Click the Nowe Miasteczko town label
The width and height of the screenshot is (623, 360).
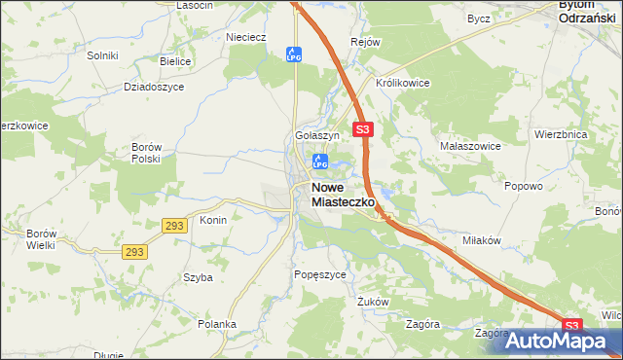[x=344, y=194]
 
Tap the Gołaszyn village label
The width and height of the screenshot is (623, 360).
[x=316, y=135]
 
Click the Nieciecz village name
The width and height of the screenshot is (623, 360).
[x=245, y=38]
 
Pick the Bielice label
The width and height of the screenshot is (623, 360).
[x=175, y=60]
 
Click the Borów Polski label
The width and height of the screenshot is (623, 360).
[x=145, y=153]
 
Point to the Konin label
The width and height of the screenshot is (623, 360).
[x=213, y=220]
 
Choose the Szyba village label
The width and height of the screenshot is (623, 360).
[x=198, y=277]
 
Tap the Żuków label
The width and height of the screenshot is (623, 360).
[x=373, y=302]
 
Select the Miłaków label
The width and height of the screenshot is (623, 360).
[x=482, y=240]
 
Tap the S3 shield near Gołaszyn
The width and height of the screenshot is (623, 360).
[x=363, y=128]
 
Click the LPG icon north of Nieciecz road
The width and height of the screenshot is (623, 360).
[x=292, y=55]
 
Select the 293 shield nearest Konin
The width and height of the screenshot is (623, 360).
[x=172, y=225]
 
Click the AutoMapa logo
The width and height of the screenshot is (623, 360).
[x=551, y=342]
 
